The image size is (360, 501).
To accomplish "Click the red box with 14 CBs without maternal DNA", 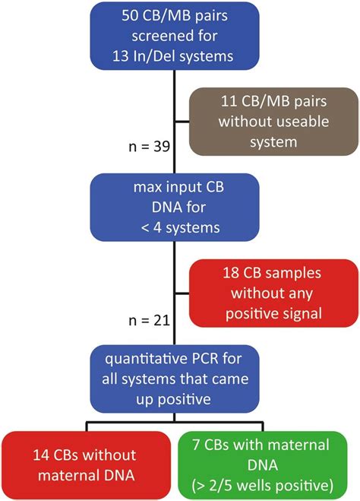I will click(x=85, y=465).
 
